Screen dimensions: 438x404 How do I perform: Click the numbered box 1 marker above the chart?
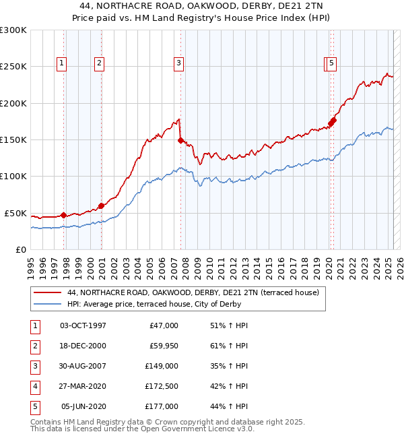(x=61, y=64)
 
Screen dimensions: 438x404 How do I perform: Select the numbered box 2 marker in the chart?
(x=99, y=64)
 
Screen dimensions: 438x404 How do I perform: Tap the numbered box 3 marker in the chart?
(x=178, y=64)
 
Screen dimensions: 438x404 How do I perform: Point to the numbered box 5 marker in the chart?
(x=333, y=64)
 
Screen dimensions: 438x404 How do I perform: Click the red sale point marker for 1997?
(x=63, y=215)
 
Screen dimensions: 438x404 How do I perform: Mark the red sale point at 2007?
(x=180, y=140)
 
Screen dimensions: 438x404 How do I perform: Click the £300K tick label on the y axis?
(x=13, y=30)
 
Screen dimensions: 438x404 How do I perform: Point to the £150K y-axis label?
(x=13, y=140)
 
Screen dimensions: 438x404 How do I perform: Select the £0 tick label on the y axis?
(x=20, y=249)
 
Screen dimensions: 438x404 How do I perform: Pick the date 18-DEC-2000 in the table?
(x=83, y=346)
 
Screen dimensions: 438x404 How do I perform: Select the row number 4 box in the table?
(x=34, y=386)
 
